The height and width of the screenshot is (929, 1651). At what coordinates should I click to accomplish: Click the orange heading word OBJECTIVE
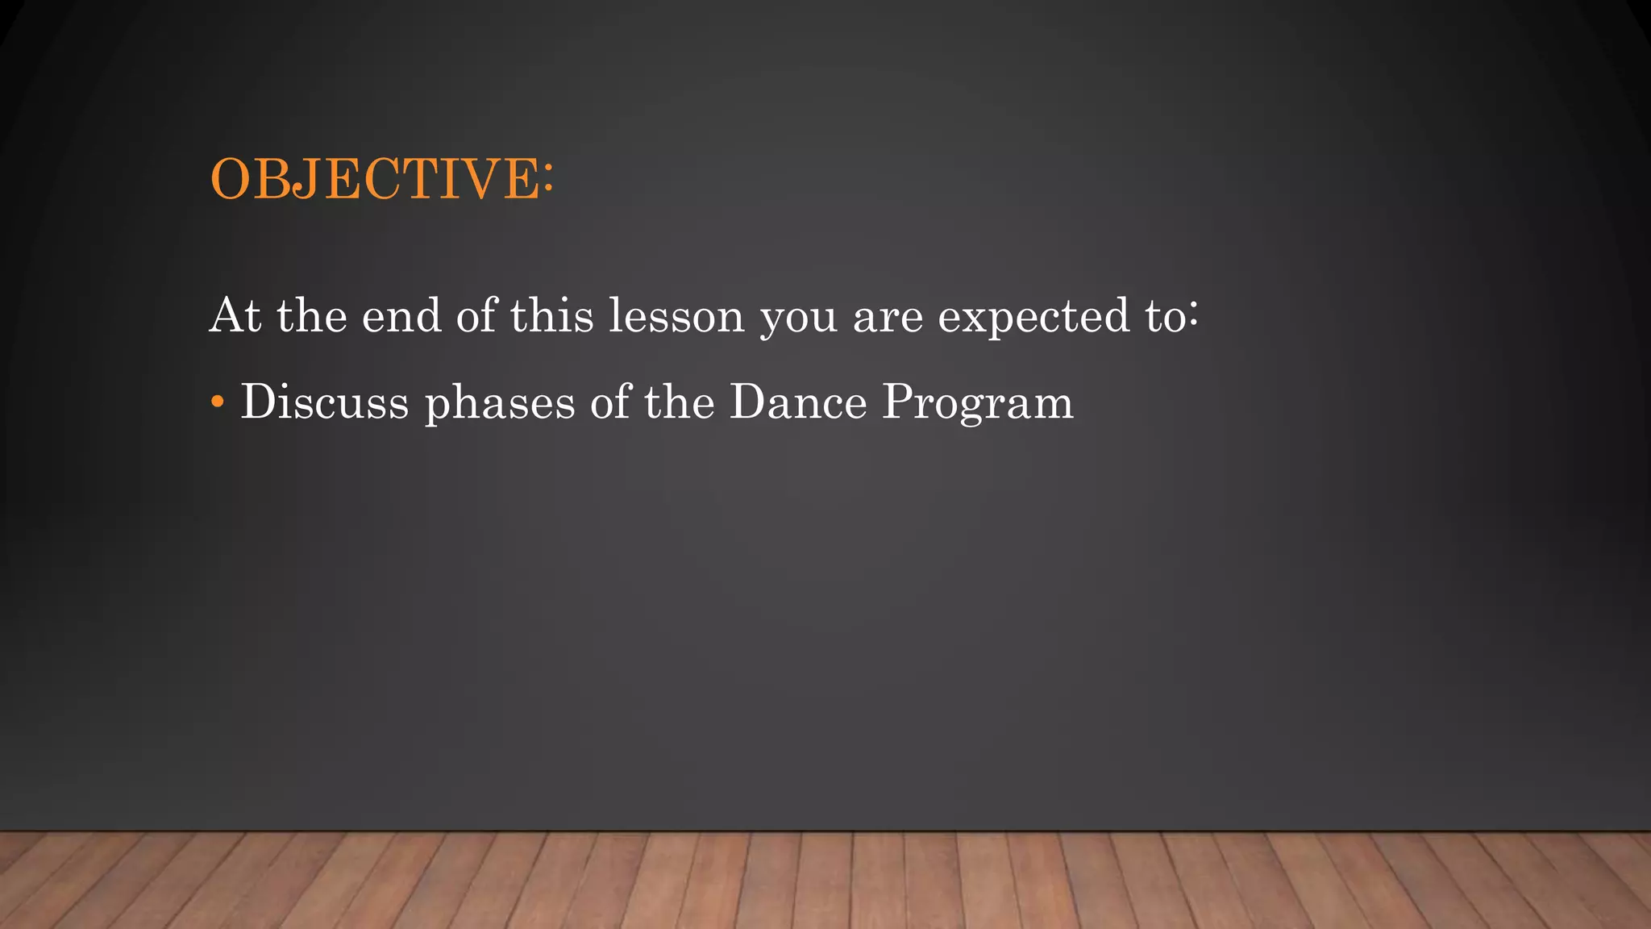376,178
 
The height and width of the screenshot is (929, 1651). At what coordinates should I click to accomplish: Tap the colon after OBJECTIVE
548,178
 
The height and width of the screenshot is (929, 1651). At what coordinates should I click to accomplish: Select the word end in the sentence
401,315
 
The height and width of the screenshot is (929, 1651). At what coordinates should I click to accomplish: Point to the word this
551,315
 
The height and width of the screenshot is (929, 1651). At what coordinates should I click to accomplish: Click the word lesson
676,315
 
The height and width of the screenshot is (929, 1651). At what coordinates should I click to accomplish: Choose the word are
888,317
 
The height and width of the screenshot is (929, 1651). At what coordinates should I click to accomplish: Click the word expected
1033,317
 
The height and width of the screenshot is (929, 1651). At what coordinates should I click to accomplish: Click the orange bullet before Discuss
217,402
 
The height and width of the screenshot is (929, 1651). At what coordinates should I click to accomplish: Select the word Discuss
325,402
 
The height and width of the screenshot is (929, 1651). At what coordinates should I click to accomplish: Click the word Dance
798,402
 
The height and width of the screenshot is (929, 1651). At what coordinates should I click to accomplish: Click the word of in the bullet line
609,402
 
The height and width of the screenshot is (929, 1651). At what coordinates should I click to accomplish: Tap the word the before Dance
679,402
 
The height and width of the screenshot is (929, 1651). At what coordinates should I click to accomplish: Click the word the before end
312,315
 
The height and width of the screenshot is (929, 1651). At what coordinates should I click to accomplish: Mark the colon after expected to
1193,317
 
